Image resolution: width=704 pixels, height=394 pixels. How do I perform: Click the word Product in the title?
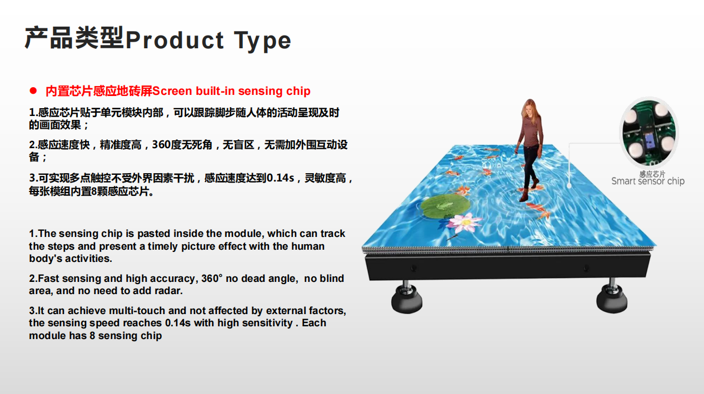point(174,40)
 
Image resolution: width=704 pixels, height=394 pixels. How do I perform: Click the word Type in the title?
point(262,42)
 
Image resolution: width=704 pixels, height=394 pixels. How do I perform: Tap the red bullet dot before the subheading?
point(33,90)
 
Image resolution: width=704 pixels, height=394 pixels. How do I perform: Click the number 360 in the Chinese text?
point(162,145)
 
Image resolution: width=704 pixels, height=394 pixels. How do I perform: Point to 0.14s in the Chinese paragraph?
point(280,178)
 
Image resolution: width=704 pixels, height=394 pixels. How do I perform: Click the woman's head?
point(530,107)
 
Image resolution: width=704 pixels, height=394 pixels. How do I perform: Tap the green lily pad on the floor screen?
point(445,206)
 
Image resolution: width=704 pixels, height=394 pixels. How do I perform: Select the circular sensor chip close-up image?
point(649,133)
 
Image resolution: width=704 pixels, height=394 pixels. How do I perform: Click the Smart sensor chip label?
point(648,181)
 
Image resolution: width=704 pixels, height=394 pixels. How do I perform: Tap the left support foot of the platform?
point(407,297)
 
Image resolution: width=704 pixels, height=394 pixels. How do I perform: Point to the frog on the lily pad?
point(443,205)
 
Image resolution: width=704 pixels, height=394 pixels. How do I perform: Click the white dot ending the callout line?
point(569,186)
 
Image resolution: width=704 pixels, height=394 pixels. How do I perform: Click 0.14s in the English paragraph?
point(178,323)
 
